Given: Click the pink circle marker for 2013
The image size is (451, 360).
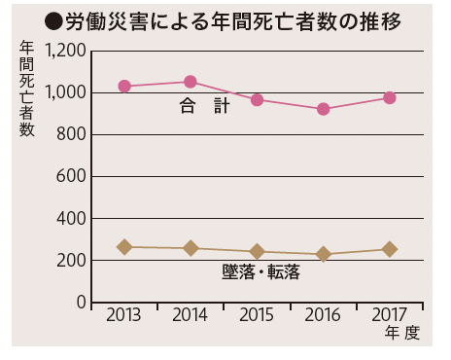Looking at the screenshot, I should pos(124,87).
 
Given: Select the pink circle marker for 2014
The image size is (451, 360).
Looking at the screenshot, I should pos(191,82).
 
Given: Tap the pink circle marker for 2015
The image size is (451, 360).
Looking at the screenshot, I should pos(257,100).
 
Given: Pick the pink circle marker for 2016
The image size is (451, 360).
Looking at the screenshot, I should pos(324,109).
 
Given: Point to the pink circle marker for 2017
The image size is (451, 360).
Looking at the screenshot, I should pos(390,97).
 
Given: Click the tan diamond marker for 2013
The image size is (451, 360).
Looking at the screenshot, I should pos(124,247).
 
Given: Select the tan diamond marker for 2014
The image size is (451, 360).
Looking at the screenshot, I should pos(191,249).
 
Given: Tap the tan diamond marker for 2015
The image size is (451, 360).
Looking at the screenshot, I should pos(257,252).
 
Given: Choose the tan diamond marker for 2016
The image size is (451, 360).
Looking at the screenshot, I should pos(324,255).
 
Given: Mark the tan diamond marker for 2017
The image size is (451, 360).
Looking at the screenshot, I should pos(390,249).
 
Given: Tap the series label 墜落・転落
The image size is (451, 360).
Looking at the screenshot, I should pos(261,272).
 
